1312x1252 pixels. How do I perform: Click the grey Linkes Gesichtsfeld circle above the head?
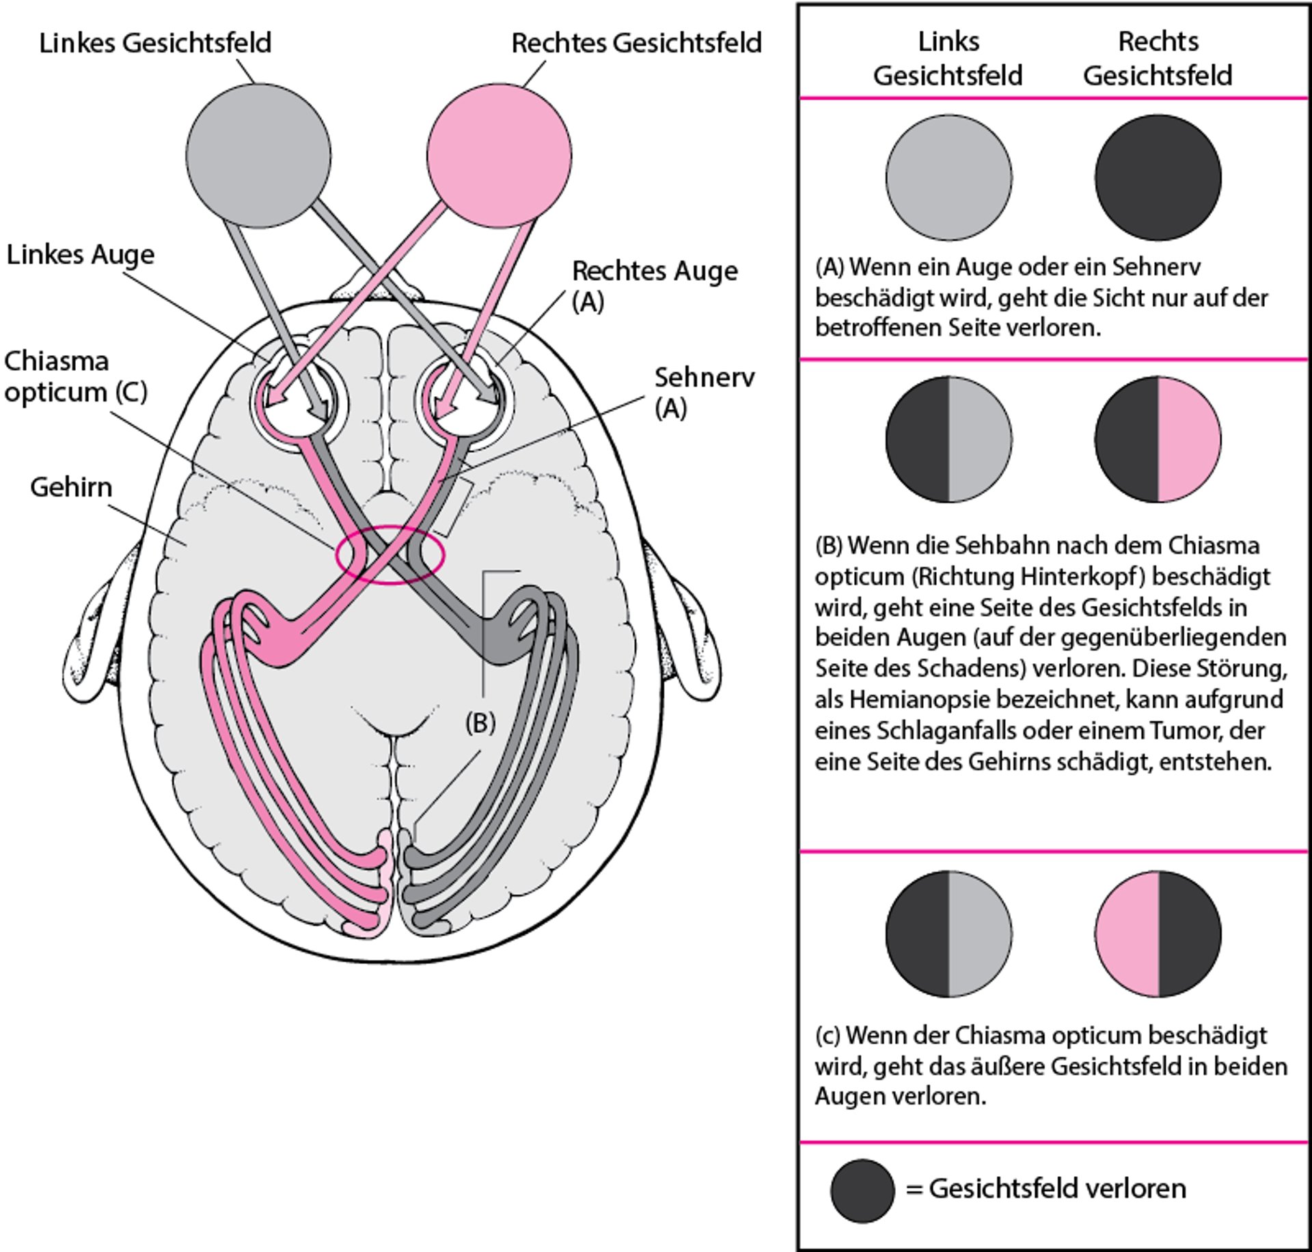(258, 156)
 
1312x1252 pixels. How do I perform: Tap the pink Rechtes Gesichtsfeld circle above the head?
(499, 156)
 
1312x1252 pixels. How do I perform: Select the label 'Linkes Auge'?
(81, 255)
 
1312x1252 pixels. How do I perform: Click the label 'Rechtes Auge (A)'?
(654, 286)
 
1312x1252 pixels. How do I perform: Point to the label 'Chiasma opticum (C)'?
(74, 376)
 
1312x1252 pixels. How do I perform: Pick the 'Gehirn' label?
(71, 488)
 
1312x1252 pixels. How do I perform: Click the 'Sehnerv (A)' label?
(704, 392)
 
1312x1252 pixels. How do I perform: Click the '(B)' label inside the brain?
(480, 723)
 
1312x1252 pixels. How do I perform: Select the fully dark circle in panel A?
(1158, 178)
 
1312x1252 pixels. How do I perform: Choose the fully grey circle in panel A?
(948, 178)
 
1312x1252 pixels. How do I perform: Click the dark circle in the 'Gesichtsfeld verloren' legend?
(862, 1190)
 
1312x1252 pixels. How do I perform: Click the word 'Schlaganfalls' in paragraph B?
(946, 731)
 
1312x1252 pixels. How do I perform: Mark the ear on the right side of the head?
(690, 635)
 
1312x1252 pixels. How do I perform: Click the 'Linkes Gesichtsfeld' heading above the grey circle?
(155, 43)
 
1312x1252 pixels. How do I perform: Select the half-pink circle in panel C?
(1158, 933)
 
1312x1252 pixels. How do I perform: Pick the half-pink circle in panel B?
(1158, 439)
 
